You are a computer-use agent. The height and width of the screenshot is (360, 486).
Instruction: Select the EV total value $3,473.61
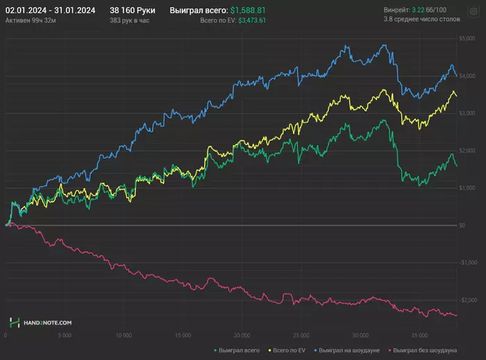tap(252, 22)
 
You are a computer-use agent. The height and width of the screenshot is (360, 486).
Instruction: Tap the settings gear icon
tap(474, 12)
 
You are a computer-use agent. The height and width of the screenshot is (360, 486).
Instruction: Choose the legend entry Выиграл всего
tap(238, 350)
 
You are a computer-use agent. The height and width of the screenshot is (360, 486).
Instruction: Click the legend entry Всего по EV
tap(292, 350)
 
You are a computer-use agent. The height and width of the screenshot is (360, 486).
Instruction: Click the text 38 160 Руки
tap(132, 11)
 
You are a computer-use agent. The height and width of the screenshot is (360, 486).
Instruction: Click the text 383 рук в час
tap(130, 22)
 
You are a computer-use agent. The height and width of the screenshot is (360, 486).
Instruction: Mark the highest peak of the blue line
tap(383, 45)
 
